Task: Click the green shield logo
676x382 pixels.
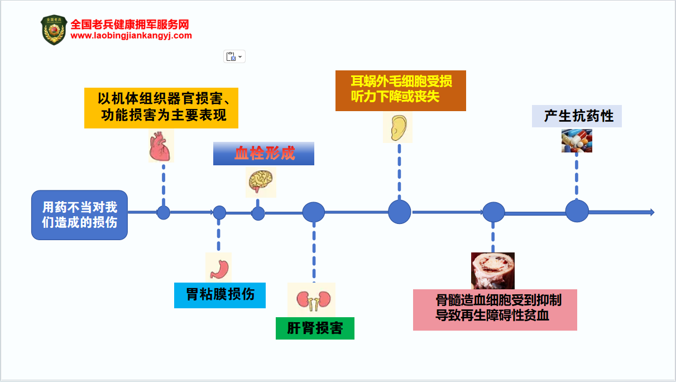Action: pos(54,30)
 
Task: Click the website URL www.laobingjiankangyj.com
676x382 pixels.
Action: pos(131,36)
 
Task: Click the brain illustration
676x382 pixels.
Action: pos(261,182)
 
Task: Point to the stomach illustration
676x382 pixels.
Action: pos(218,268)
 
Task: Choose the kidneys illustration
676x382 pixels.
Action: pos(311,299)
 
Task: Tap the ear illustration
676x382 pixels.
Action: pos(397,127)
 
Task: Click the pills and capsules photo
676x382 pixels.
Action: pos(577,141)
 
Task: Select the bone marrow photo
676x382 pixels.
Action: pos(492,271)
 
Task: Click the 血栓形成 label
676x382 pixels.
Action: pos(263,154)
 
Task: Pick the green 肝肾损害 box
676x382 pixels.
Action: pos(315,328)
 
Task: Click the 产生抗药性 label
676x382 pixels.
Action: pos(577,116)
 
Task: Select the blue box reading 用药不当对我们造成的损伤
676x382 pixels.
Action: pos(79,215)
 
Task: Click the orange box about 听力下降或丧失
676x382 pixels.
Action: pos(400,90)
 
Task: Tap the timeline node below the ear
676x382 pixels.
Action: pos(399,212)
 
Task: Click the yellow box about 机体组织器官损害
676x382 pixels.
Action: pos(161,108)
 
